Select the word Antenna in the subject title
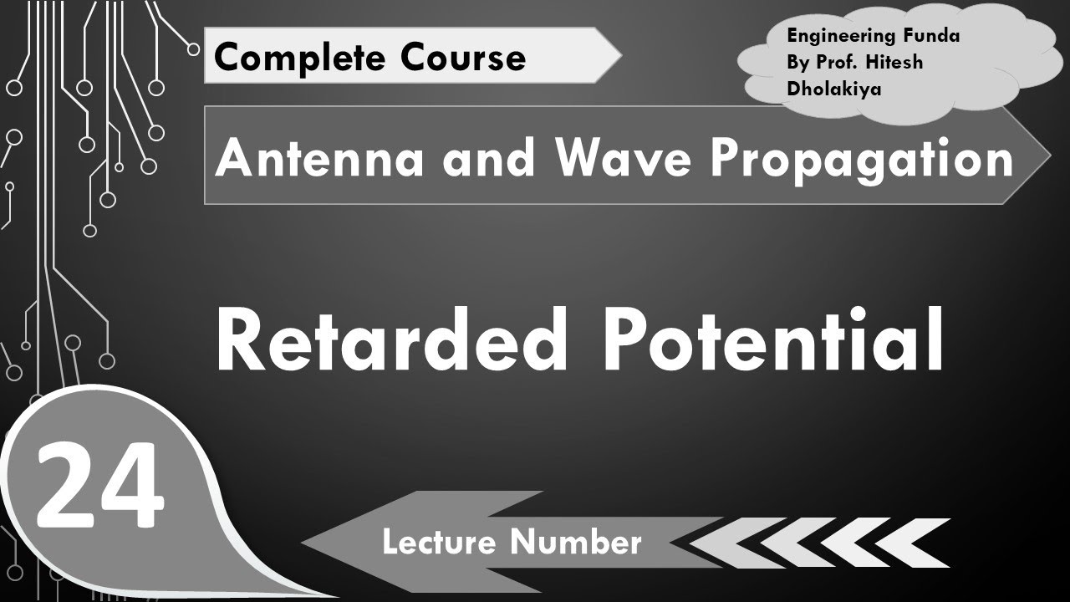tap(321, 157)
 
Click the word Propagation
tap(861, 157)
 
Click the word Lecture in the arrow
tap(443, 543)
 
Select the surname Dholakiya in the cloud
tap(833, 89)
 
